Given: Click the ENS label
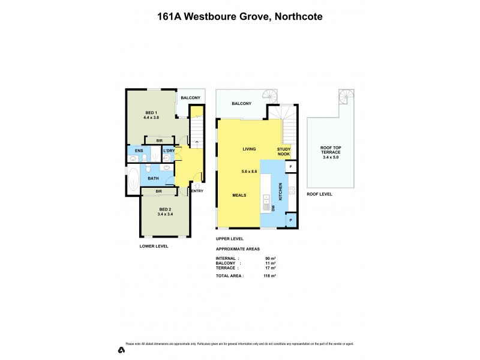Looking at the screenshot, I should pos(139,151).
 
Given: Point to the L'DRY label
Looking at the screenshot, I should pos(169,151).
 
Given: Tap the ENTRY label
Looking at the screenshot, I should pos(197,191).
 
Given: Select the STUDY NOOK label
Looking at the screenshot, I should pos(284,152).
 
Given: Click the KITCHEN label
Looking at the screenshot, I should pos(279,193).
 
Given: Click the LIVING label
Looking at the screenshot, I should pos(250,149).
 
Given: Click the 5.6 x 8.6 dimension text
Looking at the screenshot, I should pos(249,172).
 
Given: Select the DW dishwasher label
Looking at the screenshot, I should pos(272,208).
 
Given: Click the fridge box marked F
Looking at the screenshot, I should pos(291,166).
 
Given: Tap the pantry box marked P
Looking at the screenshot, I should pos(291,220).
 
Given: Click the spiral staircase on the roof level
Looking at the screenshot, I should pos(346,97).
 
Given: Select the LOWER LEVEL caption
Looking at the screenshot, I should pos(154,246).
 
